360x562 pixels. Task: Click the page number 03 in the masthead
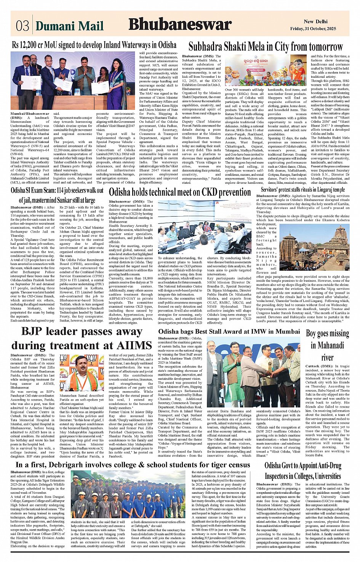pyautogui.click(x=22, y=26)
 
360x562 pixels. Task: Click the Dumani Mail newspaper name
pyautogui.click(x=69, y=26)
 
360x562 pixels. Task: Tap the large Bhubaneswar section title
pyautogui.click(x=180, y=24)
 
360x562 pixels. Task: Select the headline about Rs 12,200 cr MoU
pyautogui.click(x=94, y=45)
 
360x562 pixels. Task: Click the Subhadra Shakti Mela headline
pyautogui.click(x=266, y=47)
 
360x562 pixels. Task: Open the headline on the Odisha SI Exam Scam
pyautogui.click(x=57, y=195)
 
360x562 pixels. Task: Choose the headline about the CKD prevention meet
pyautogui.click(x=180, y=192)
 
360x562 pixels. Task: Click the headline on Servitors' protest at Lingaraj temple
pyautogui.click(x=303, y=189)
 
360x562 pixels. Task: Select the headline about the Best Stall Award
pyautogui.click(x=229, y=331)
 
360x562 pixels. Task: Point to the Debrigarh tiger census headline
pyautogui.click(x=133, y=465)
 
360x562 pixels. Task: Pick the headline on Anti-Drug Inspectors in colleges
pyautogui.click(x=303, y=471)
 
